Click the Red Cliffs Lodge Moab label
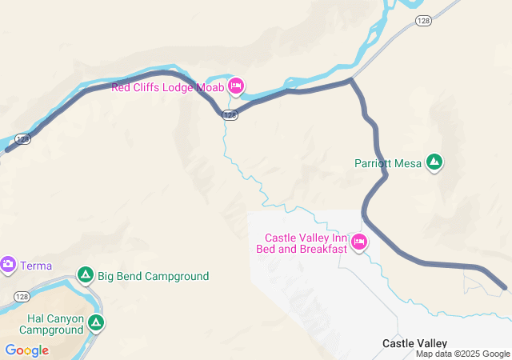click(x=167, y=87)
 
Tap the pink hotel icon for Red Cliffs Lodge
click(x=236, y=86)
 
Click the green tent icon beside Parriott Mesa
click(x=434, y=162)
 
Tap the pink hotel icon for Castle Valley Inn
click(x=359, y=242)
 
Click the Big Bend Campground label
click(x=154, y=277)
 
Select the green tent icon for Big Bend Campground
click(x=86, y=276)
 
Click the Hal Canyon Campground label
click(x=51, y=324)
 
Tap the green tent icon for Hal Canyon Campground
click(x=96, y=322)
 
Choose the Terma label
click(x=36, y=265)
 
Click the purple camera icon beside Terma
click(x=8, y=264)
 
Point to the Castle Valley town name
click(x=414, y=343)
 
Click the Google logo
click(x=26, y=350)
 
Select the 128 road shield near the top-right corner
click(x=423, y=20)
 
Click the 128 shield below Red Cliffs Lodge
click(x=230, y=115)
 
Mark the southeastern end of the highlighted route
click(x=504, y=286)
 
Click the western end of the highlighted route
click(x=8, y=149)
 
